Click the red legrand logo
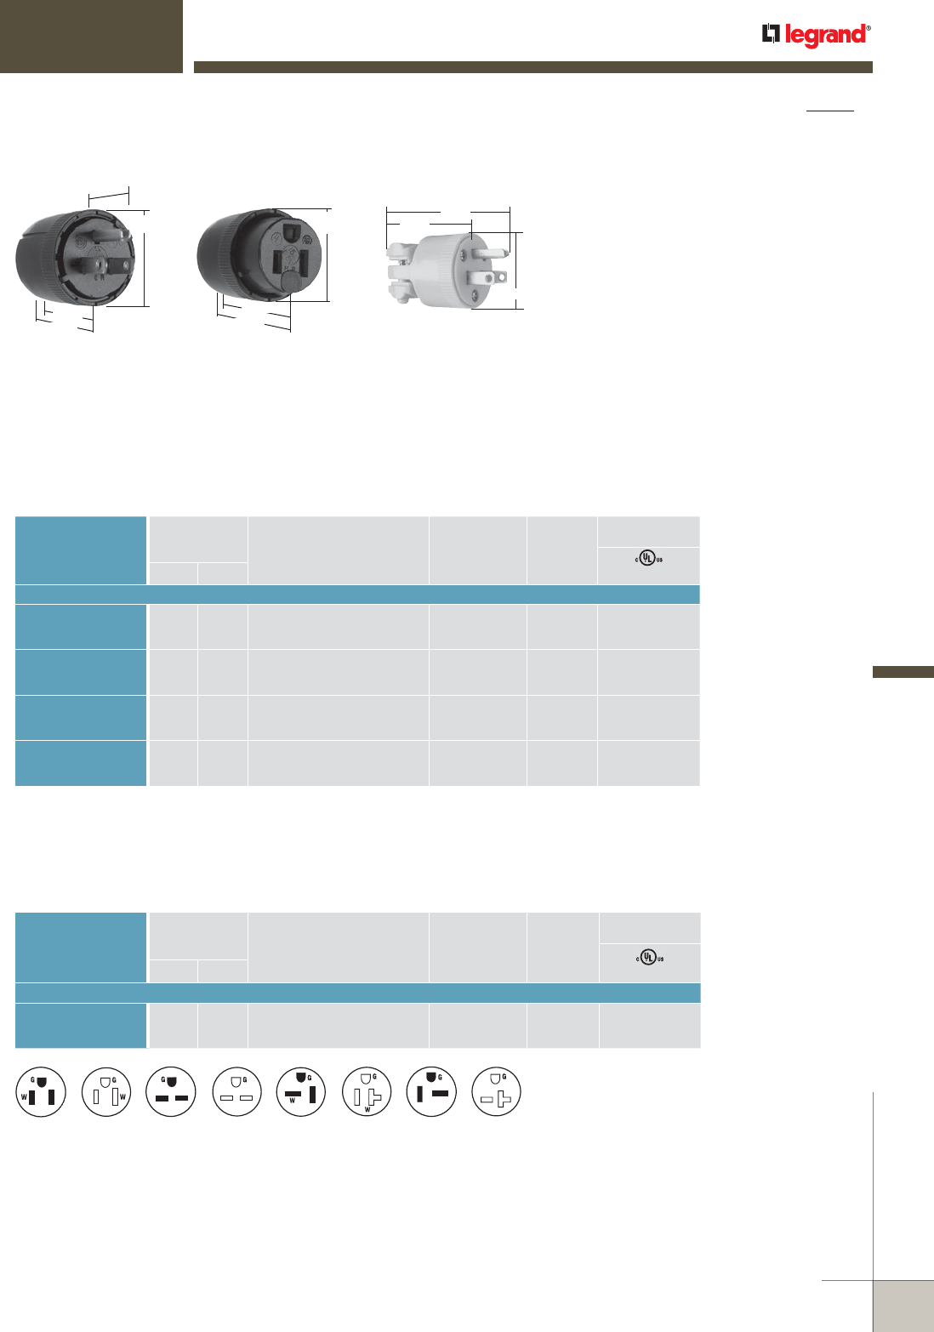coord(817,35)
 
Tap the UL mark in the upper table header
coord(648,558)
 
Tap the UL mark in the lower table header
coord(649,957)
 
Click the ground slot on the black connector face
coord(291,230)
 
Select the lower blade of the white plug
coord(487,277)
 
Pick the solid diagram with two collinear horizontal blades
coord(171,1091)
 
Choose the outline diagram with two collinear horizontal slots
coord(236,1091)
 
